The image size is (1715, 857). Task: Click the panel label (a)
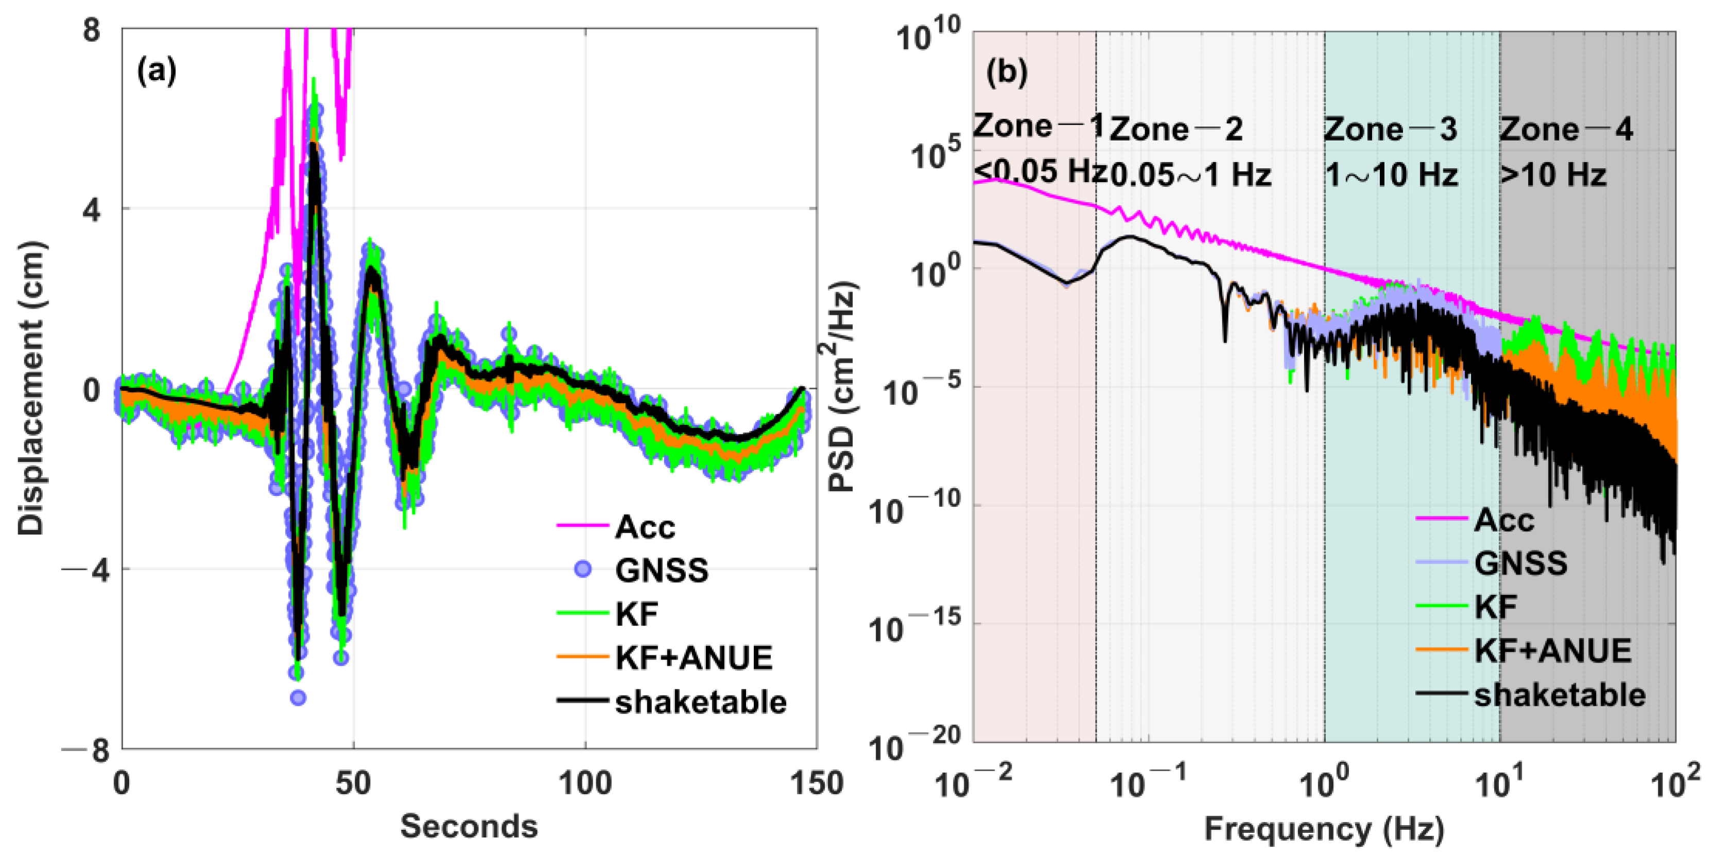pyautogui.click(x=157, y=70)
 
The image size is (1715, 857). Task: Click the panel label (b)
pyautogui.click(x=1007, y=70)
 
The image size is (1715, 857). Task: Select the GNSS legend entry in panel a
pyautogui.click(x=661, y=570)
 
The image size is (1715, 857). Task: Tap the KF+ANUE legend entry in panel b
pyautogui.click(x=1552, y=651)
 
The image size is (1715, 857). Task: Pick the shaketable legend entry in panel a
pyautogui.click(x=700, y=702)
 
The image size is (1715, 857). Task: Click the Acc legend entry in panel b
pyautogui.click(x=1503, y=520)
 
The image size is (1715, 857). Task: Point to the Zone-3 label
pyautogui.click(x=1390, y=129)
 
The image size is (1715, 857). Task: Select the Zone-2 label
pyautogui.click(x=1176, y=129)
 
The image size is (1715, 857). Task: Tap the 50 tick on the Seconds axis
pyautogui.click(x=353, y=784)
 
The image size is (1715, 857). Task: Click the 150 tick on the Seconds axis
pyautogui.click(x=816, y=784)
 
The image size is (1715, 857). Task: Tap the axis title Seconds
pyautogui.click(x=469, y=826)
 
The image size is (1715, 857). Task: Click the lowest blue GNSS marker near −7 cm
pyautogui.click(x=298, y=698)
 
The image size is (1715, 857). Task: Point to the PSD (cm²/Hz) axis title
pyautogui.click(x=843, y=388)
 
